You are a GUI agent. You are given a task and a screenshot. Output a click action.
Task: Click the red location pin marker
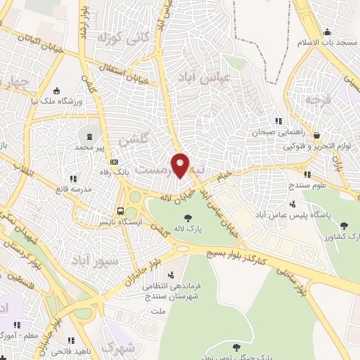(180, 165)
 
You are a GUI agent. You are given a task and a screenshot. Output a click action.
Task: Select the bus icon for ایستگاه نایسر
(121, 210)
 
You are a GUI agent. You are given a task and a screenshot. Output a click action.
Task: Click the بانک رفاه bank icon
(114, 175)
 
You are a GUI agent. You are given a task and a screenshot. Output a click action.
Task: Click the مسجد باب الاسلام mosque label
(331, 44)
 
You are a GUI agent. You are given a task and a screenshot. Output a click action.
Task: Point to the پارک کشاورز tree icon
(343, 225)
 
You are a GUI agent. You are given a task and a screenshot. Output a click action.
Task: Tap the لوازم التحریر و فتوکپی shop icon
(317, 135)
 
